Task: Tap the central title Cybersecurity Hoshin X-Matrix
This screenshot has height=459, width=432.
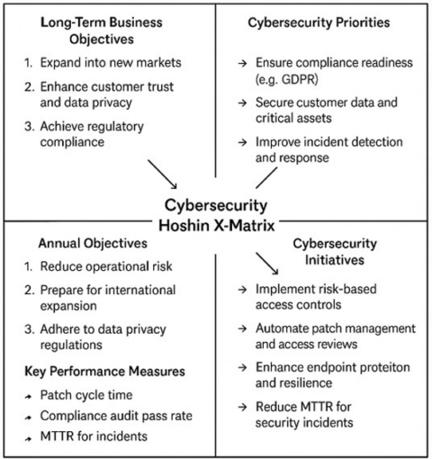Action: [216, 212]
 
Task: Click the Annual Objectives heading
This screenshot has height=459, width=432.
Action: [93, 243]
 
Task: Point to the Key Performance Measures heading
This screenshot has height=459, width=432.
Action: [105, 371]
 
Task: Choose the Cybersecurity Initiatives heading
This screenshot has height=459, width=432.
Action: [327, 255]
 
